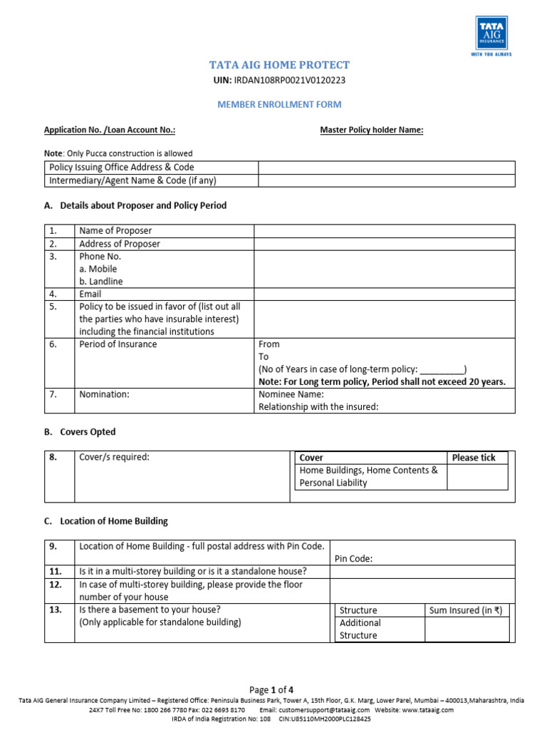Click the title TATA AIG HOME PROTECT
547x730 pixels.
(x=279, y=66)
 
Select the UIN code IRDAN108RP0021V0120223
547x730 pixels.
(x=294, y=81)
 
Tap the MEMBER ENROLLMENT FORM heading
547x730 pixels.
(x=279, y=105)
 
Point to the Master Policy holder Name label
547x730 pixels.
(x=372, y=130)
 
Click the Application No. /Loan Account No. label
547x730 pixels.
(x=110, y=130)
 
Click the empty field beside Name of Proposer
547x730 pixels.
(x=384, y=231)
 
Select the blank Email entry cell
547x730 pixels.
(x=384, y=294)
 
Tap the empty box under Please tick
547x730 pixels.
(x=477, y=476)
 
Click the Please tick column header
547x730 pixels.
(x=474, y=458)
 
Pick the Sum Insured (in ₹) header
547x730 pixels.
(x=466, y=610)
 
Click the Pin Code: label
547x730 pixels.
(x=353, y=559)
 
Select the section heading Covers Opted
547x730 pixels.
(x=88, y=432)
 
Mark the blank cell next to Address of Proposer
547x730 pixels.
(x=384, y=244)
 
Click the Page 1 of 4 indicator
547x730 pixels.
(x=271, y=690)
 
